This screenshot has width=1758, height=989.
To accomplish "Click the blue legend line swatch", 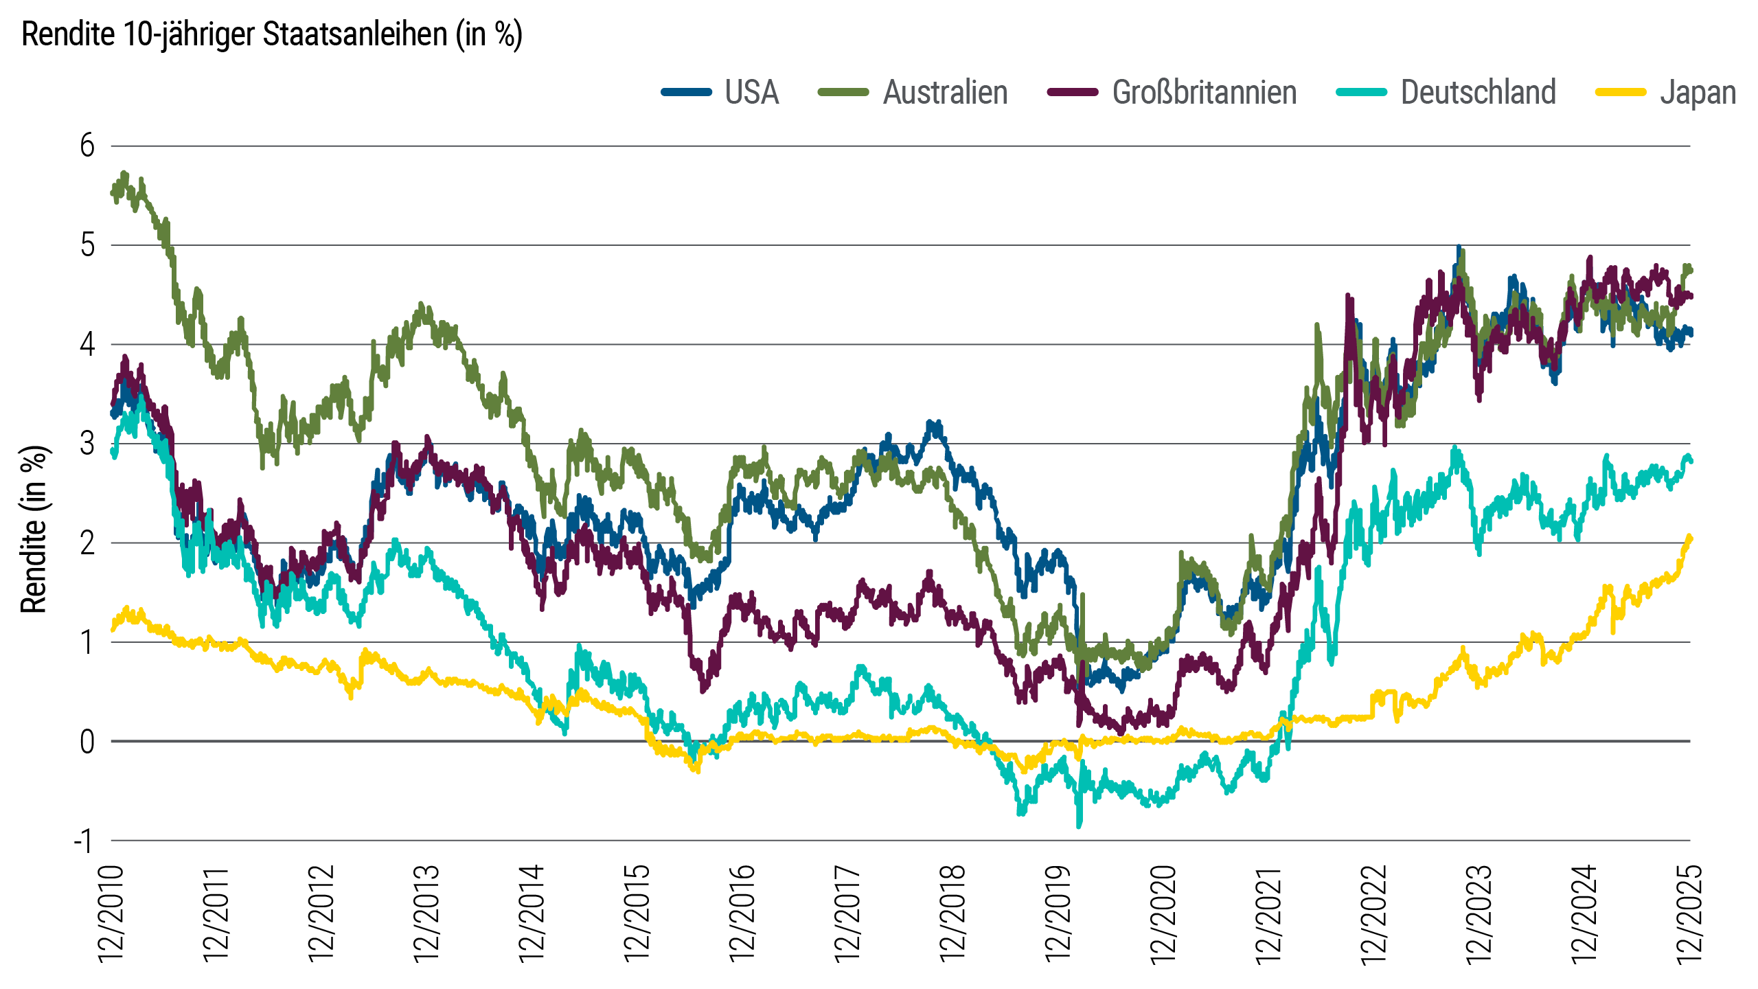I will coord(693,92).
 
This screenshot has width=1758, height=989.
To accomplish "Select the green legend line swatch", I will coord(852,92).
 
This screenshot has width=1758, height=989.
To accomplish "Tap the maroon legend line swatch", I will coord(1080,92).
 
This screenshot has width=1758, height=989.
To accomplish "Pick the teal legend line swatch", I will coord(1369,92).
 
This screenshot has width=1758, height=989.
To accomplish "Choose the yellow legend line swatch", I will coord(1632,92).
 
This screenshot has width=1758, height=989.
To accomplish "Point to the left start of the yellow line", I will coord(124,609).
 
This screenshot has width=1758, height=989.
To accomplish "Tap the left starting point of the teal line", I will coord(113,453).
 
